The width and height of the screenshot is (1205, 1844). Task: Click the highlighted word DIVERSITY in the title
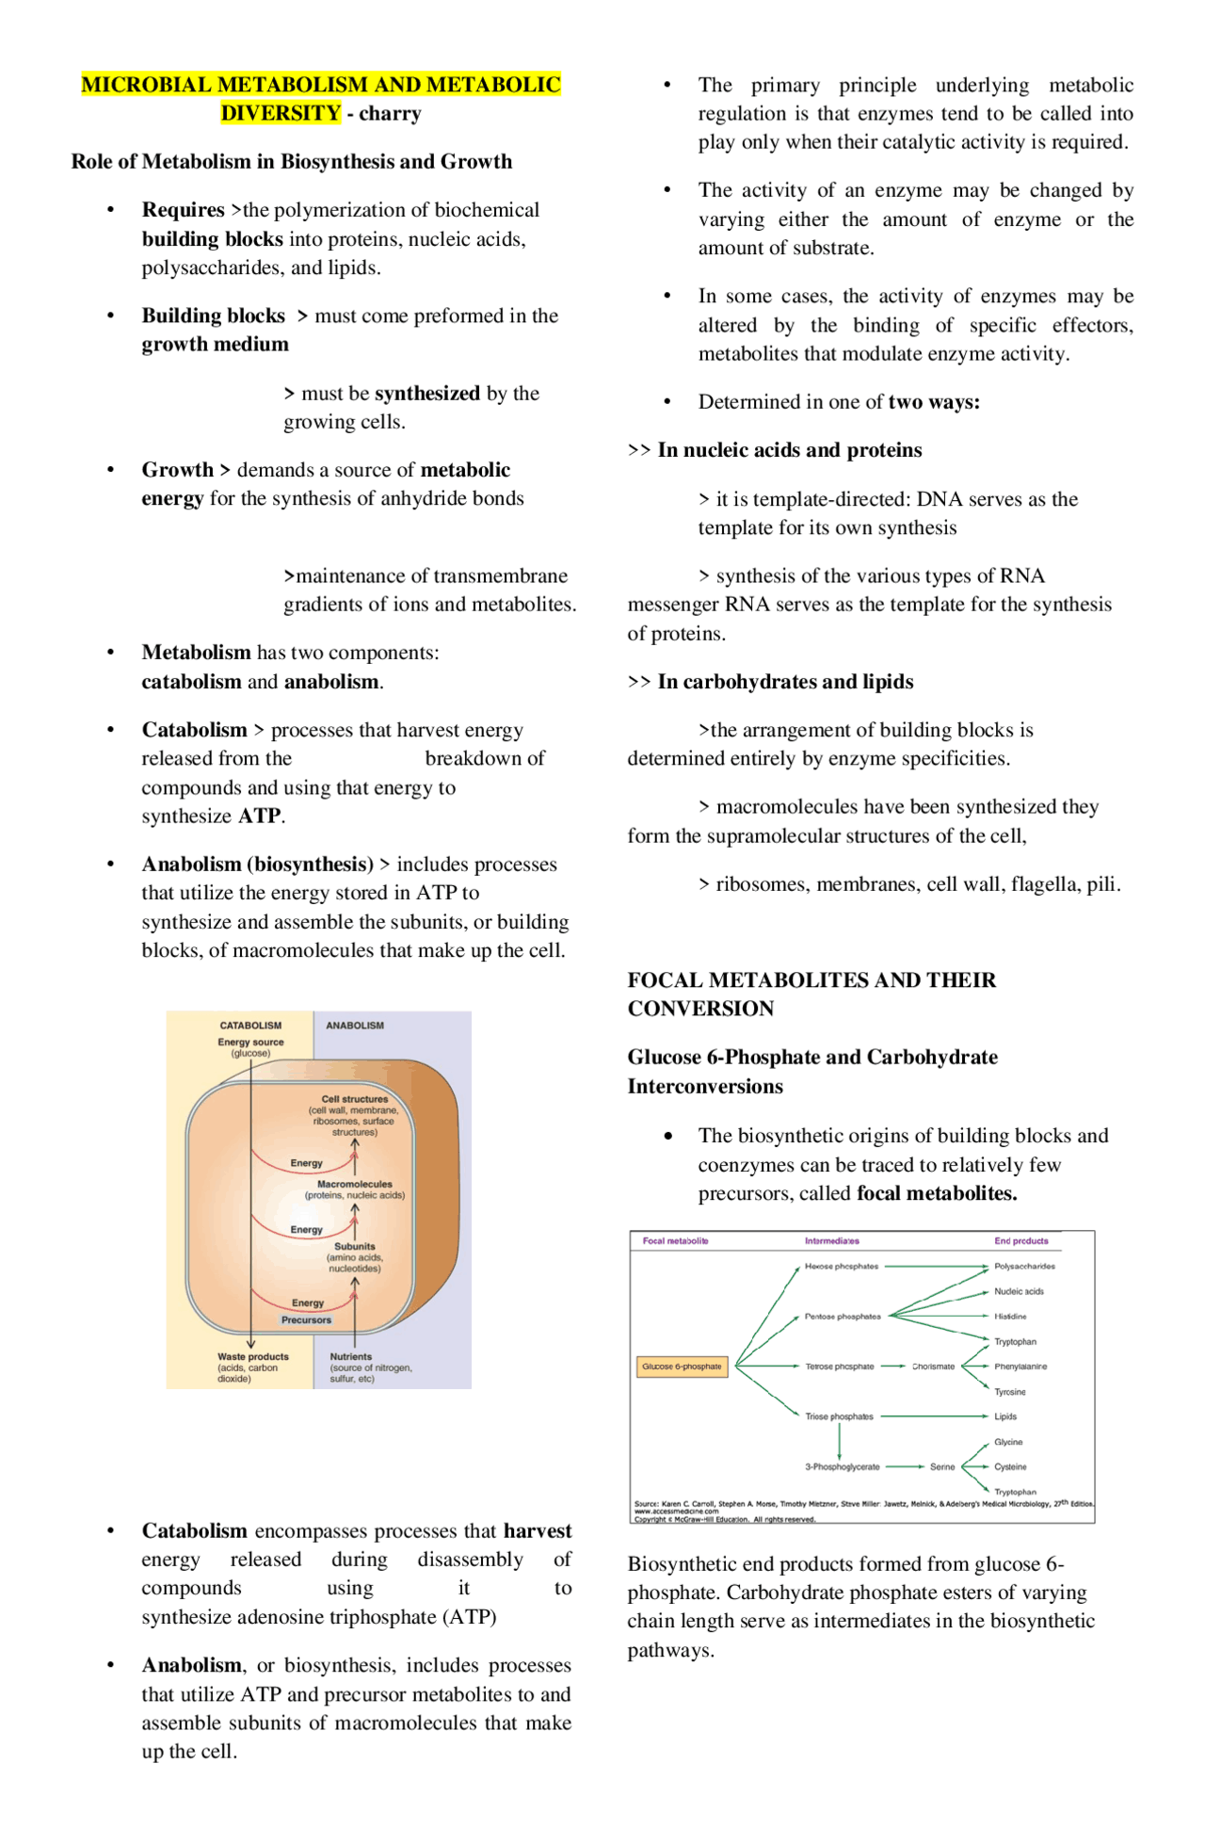(x=281, y=113)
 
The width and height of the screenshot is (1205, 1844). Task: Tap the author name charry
(x=390, y=114)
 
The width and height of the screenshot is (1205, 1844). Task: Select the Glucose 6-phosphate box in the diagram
(x=682, y=1366)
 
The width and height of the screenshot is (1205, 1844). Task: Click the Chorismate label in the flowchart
(x=933, y=1367)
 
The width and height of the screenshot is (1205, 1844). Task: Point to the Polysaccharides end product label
(x=1024, y=1267)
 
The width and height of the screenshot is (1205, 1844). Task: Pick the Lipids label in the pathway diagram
(x=1005, y=1416)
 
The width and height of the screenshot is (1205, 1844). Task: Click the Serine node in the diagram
(x=942, y=1467)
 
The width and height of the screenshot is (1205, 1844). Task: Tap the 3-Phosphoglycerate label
(x=842, y=1467)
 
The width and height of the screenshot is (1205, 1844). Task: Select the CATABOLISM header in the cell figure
(x=250, y=1026)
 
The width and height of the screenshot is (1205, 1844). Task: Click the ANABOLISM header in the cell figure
(x=355, y=1026)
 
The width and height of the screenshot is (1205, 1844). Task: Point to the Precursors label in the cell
(x=306, y=1320)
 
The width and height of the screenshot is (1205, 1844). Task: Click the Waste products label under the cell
(x=252, y=1357)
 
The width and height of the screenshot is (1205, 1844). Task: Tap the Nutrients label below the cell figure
(x=350, y=1357)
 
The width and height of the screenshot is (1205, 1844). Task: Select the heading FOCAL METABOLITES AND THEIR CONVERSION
(x=811, y=994)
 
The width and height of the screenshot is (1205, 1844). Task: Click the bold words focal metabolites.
(x=937, y=1193)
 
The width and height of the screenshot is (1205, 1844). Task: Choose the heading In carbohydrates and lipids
(x=784, y=682)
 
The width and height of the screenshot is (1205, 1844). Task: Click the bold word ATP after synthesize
(x=259, y=816)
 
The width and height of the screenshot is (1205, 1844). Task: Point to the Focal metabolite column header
(x=675, y=1241)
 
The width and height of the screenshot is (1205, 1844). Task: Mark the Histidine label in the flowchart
(x=1010, y=1317)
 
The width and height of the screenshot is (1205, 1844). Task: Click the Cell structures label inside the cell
(x=354, y=1099)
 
